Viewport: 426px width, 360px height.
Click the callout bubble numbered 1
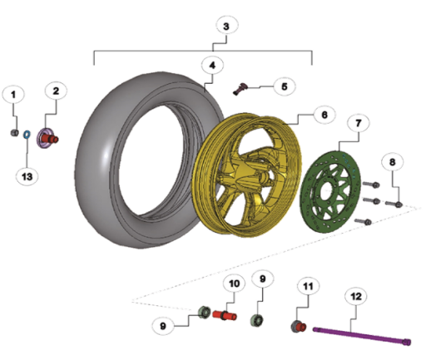click(x=13, y=95)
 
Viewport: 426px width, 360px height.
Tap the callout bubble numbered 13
click(x=27, y=176)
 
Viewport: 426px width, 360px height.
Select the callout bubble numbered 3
click(x=226, y=26)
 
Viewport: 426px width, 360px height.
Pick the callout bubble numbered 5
click(x=285, y=86)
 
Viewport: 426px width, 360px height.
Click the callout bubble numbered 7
click(x=359, y=123)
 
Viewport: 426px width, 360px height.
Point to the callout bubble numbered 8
click(x=392, y=162)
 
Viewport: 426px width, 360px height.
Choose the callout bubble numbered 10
click(x=235, y=284)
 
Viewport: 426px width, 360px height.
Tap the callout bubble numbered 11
click(x=308, y=286)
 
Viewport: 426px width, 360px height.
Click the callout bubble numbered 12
click(x=356, y=297)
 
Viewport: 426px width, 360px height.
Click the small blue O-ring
click(x=27, y=135)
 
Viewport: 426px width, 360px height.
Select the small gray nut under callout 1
click(x=14, y=133)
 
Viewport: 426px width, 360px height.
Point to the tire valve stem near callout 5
click(x=240, y=88)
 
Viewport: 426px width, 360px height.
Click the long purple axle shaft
click(x=362, y=336)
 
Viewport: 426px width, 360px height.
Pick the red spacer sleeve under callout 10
click(x=225, y=316)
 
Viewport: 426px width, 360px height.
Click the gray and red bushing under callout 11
click(x=299, y=326)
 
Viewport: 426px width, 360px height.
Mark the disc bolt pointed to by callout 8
click(x=394, y=205)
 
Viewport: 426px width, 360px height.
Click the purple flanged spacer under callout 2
click(x=47, y=138)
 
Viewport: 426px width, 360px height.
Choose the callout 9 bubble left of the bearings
click(x=163, y=326)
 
